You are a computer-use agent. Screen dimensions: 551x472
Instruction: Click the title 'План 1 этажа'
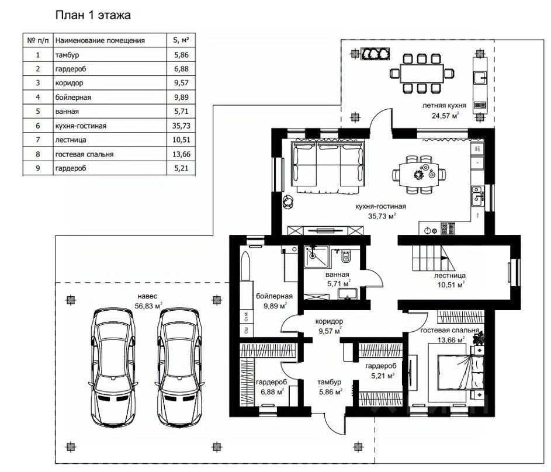[x=93, y=15]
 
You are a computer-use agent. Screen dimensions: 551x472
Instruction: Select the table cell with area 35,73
[x=181, y=126]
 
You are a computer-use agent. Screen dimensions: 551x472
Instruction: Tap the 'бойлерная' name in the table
[x=73, y=98]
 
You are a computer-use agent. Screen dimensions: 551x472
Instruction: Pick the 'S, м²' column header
[x=181, y=40]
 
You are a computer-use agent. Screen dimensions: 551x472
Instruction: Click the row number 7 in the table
[x=38, y=140]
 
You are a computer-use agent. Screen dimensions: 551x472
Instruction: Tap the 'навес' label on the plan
[x=148, y=296]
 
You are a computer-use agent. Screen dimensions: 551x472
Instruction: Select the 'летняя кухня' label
[x=444, y=105]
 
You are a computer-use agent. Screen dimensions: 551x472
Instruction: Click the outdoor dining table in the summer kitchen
[x=422, y=74]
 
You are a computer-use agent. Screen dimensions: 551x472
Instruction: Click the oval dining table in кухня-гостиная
[x=419, y=175]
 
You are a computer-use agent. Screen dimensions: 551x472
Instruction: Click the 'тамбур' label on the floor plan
[x=330, y=382]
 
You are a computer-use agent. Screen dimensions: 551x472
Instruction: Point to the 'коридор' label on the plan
[x=329, y=321]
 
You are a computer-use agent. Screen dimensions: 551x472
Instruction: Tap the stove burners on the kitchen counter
[x=448, y=228]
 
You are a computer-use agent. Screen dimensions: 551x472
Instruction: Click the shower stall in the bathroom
[x=317, y=256]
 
